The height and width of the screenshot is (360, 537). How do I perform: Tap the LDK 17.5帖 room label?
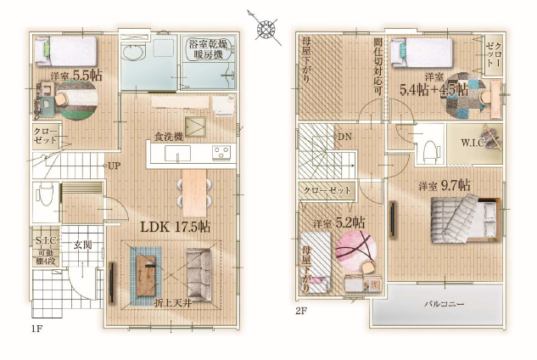[x=176, y=227]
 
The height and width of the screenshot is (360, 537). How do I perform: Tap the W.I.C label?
[x=473, y=142]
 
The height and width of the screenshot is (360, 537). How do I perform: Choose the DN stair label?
[x=344, y=137]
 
